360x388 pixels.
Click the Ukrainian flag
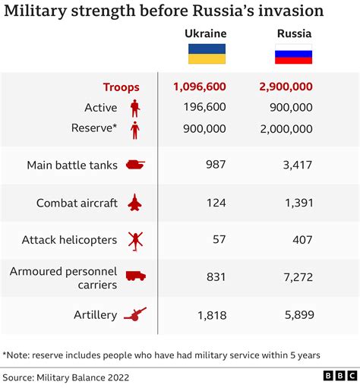tap(206, 54)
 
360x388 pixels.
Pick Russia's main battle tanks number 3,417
tap(297, 164)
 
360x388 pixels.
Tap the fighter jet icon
tap(134, 203)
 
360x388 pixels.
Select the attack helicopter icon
tap(134, 240)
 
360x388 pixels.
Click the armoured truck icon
tap(134, 276)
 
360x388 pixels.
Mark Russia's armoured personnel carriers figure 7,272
tap(297, 277)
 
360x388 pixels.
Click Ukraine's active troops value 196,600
tap(204, 108)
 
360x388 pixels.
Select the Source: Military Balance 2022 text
tap(66, 376)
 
